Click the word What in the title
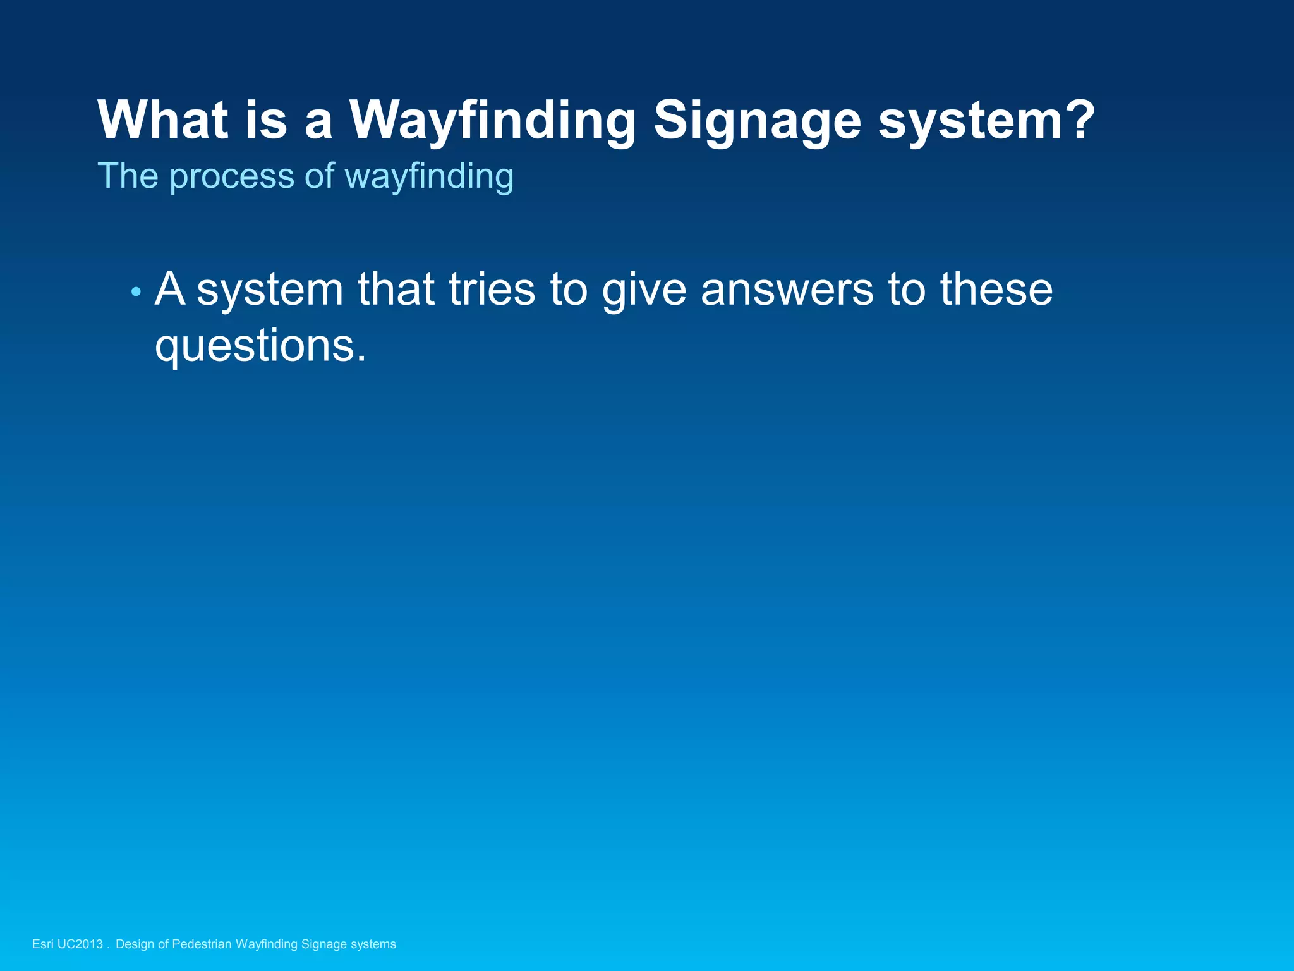point(162,120)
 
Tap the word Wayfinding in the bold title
point(492,120)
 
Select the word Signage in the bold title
point(757,120)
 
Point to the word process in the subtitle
point(232,177)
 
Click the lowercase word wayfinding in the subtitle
point(429,177)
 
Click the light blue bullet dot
point(135,292)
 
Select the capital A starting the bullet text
point(170,289)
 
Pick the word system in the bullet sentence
point(270,291)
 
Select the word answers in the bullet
point(787,291)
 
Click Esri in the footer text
point(42,944)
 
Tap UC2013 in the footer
point(80,944)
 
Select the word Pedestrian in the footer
point(202,944)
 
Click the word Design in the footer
point(135,944)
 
